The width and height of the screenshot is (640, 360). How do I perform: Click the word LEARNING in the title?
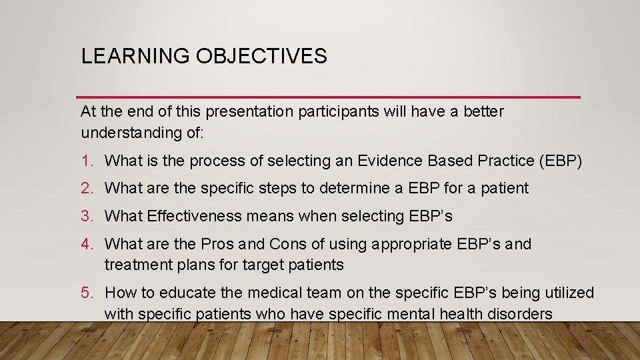point(135,56)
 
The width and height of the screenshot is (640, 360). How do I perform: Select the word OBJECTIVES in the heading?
point(261,56)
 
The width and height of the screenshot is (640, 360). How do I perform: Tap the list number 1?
point(86,161)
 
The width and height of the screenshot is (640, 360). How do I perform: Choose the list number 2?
point(86,189)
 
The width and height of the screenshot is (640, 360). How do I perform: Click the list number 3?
point(86,217)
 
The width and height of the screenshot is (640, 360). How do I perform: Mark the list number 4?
point(86,245)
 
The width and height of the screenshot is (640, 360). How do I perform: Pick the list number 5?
point(86,293)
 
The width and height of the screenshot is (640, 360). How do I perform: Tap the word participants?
point(338,112)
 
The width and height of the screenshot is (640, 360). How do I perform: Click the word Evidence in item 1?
point(387,161)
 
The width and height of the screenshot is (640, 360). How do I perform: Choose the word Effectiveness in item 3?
point(189,217)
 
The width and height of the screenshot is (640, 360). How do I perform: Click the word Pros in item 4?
point(217,245)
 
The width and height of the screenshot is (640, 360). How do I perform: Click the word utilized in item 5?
point(570,293)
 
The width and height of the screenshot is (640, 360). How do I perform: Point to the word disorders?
point(521,313)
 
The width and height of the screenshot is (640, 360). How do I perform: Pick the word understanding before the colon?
point(127,132)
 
